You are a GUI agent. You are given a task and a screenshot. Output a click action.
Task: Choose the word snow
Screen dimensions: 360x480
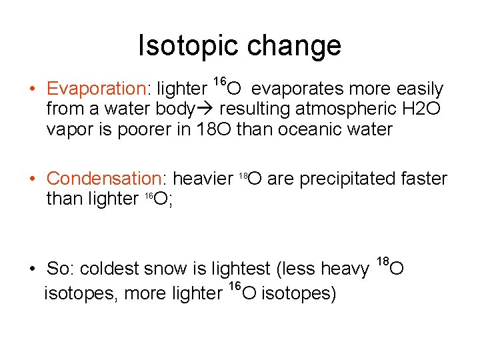[x=173, y=269]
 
